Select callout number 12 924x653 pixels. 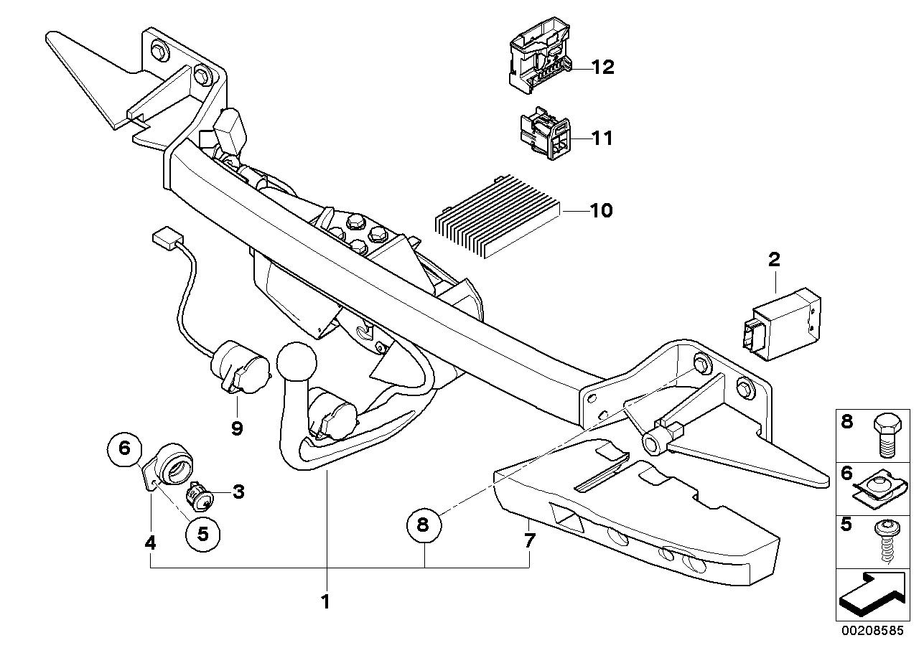coord(602,67)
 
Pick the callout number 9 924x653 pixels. coord(237,428)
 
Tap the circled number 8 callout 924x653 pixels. coord(422,525)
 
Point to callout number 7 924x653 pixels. coord(529,540)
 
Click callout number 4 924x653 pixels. coord(150,543)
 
